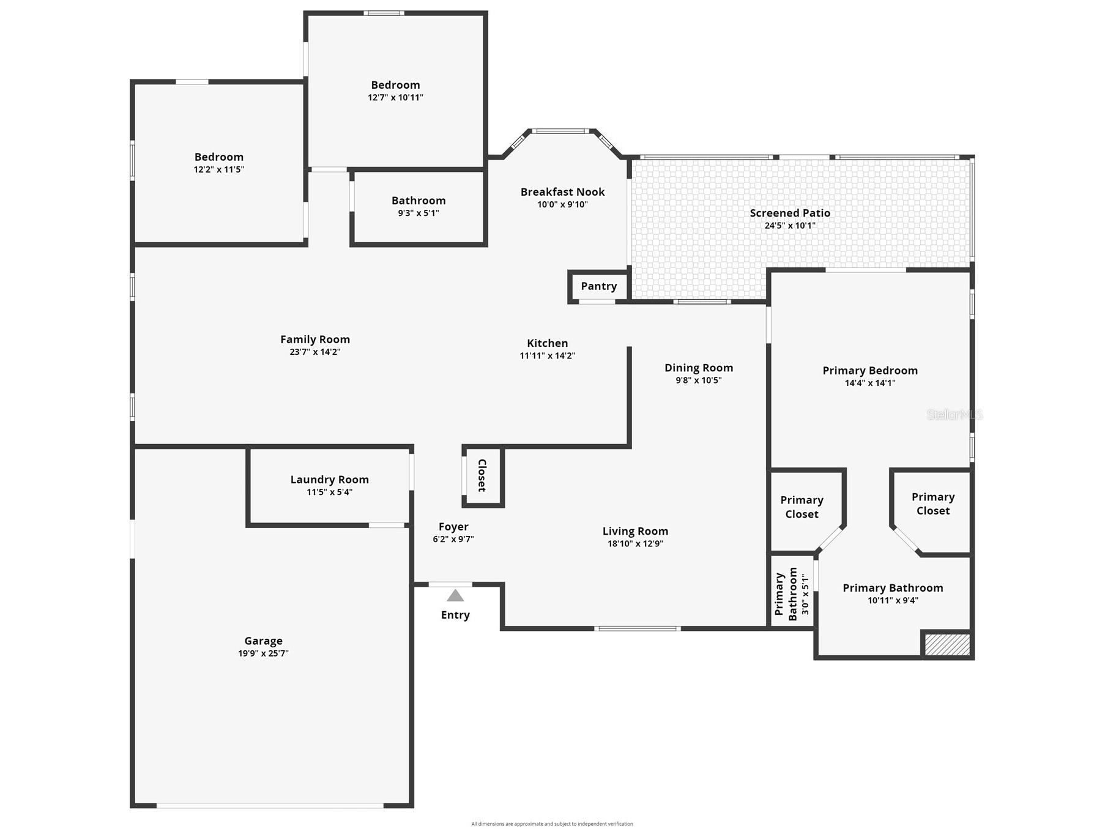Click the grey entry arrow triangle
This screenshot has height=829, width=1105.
click(455, 595)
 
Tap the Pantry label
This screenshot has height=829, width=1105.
click(599, 286)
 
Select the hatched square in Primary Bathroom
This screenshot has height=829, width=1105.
click(947, 645)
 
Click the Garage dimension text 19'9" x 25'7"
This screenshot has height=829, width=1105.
click(263, 653)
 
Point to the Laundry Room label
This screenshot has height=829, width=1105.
click(329, 480)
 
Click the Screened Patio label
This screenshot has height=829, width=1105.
click(790, 213)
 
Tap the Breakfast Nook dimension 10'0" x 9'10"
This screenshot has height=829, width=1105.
click(562, 205)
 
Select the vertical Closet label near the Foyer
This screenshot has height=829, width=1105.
click(482, 475)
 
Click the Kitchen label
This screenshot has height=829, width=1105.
click(548, 343)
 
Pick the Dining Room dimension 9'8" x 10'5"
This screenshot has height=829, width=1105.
click(699, 380)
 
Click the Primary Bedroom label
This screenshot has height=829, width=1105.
click(870, 371)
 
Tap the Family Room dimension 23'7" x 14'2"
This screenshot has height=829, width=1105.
click(315, 352)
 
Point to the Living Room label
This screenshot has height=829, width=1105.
click(635, 531)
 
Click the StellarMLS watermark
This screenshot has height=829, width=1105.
click(954, 415)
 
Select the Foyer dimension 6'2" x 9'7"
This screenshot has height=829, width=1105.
click(453, 539)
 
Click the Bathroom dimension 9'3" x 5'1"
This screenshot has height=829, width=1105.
click(419, 213)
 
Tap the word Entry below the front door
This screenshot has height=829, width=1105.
click(455, 615)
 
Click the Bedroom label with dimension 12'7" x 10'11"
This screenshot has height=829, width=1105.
click(395, 85)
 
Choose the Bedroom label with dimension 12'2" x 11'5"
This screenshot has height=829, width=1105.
click(219, 157)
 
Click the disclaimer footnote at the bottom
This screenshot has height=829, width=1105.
click(552, 824)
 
